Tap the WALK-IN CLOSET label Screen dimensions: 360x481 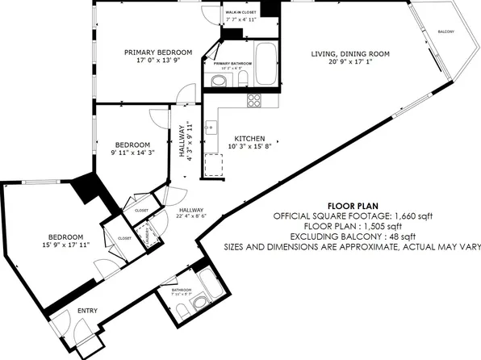(x=240, y=13)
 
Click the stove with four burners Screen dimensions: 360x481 (x=254, y=101)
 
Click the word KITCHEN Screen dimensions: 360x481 (x=249, y=138)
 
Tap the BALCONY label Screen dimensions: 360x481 (x=445, y=31)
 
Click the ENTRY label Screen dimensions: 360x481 (x=86, y=311)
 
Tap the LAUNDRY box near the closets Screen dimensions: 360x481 (x=148, y=234)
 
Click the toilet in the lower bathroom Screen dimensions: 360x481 (x=202, y=303)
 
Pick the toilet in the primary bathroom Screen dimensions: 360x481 (x=219, y=81)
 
